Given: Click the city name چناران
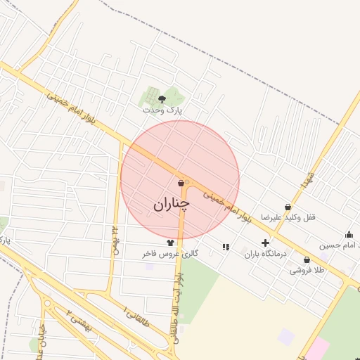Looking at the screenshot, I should (172, 204).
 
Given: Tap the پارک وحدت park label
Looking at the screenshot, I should (162, 110).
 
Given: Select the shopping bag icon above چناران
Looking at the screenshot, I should (181, 184).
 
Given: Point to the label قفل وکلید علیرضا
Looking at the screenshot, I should (288, 218).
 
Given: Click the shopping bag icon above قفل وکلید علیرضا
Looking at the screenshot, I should (288, 207).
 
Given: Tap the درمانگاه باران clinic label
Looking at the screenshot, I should (266, 254).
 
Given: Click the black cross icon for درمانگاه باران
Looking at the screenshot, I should (265, 243).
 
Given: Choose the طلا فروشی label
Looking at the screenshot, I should (308, 270).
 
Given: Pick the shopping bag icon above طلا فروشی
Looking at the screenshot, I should (307, 259).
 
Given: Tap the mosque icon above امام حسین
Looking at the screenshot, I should (349, 234).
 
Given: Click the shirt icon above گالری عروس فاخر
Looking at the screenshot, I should (170, 243).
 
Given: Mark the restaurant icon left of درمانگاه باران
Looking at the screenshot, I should (226, 247).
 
